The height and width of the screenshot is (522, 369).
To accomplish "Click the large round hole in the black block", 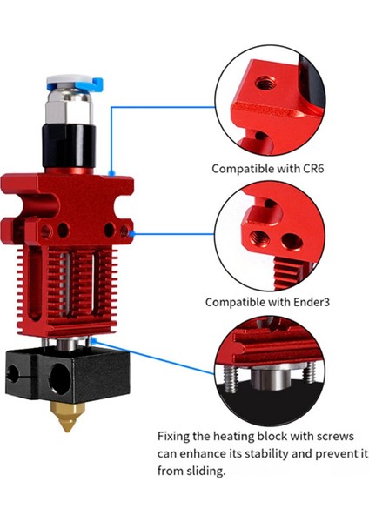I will [x=62, y=380].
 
